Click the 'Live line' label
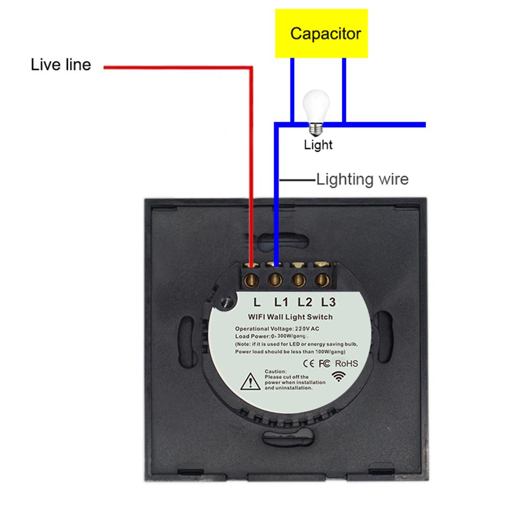61,65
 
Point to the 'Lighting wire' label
362,179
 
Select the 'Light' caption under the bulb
318,145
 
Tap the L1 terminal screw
276,279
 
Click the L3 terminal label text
329,302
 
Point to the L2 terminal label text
305,302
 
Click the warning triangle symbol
250,381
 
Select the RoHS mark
346,363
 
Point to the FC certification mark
326,364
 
